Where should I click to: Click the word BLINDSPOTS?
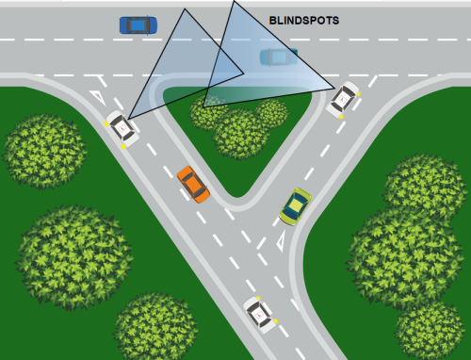click(x=303, y=19)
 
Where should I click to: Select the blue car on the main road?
click(x=138, y=25)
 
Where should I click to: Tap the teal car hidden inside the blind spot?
click(x=278, y=57)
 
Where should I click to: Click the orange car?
click(x=192, y=184)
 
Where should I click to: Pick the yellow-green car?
click(x=296, y=205)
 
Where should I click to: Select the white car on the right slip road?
click(x=344, y=98)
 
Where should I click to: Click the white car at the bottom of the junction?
click(x=261, y=311)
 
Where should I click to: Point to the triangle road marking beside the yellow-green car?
click(x=283, y=243)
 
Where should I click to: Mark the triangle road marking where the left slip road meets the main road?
click(x=98, y=96)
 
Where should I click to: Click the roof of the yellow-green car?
click(x=297, y=203)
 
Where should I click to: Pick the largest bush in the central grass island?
click(x=238, y=133)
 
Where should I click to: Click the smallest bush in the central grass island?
click(x=272, y=112)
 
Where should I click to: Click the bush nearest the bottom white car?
click(x=154, y=326)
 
